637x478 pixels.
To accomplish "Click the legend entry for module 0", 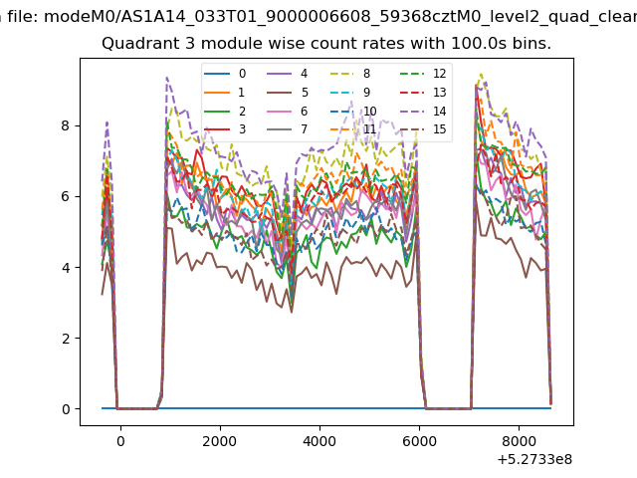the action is (225, 74).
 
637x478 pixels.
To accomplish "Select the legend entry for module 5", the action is (288, 93).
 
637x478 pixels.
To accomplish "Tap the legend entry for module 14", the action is (423, 111).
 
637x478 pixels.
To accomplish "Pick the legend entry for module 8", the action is (350, 74).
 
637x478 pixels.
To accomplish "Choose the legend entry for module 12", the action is (423, 74).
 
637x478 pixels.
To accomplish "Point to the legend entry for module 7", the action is (288, 129).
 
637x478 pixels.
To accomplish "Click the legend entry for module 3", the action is (225, 129).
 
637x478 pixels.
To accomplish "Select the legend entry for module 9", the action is (350, 93).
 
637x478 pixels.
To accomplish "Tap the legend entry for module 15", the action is (423, 129).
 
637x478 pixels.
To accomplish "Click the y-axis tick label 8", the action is (66, 125).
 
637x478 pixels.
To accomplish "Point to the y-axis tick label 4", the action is (66, 268).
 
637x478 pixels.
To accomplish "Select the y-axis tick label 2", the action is (66, 339).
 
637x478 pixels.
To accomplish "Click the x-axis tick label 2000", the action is (220, 441).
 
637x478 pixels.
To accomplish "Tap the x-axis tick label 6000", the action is (419, 441).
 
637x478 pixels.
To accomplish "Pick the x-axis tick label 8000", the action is (519, 441).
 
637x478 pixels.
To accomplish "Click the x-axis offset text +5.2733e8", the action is (534, 459).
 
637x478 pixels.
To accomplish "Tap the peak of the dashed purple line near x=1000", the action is (166, 78).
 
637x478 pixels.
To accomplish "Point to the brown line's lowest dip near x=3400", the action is (292, 312).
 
